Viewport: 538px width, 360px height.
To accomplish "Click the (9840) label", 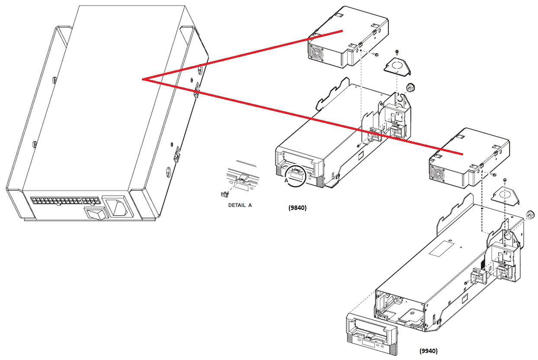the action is point(298,208).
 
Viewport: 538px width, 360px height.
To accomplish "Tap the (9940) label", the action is point(429,351).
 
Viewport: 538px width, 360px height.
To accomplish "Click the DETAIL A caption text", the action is point(240,205).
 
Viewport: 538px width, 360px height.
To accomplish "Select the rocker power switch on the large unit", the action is point(95,213).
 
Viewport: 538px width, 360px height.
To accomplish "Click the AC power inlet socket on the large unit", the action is point(118,207).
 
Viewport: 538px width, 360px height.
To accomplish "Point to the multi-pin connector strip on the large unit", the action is point(65,201).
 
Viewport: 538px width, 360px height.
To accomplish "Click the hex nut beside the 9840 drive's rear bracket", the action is point(410,87).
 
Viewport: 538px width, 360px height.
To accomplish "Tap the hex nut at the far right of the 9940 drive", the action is point(530,214).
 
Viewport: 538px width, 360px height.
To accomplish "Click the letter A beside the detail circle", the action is point(286,180).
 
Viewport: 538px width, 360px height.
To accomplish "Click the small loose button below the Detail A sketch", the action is point(224,194).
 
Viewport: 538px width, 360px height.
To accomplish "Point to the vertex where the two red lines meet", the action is point(142,79).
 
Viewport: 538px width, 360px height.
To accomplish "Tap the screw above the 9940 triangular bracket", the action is point(505,180).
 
